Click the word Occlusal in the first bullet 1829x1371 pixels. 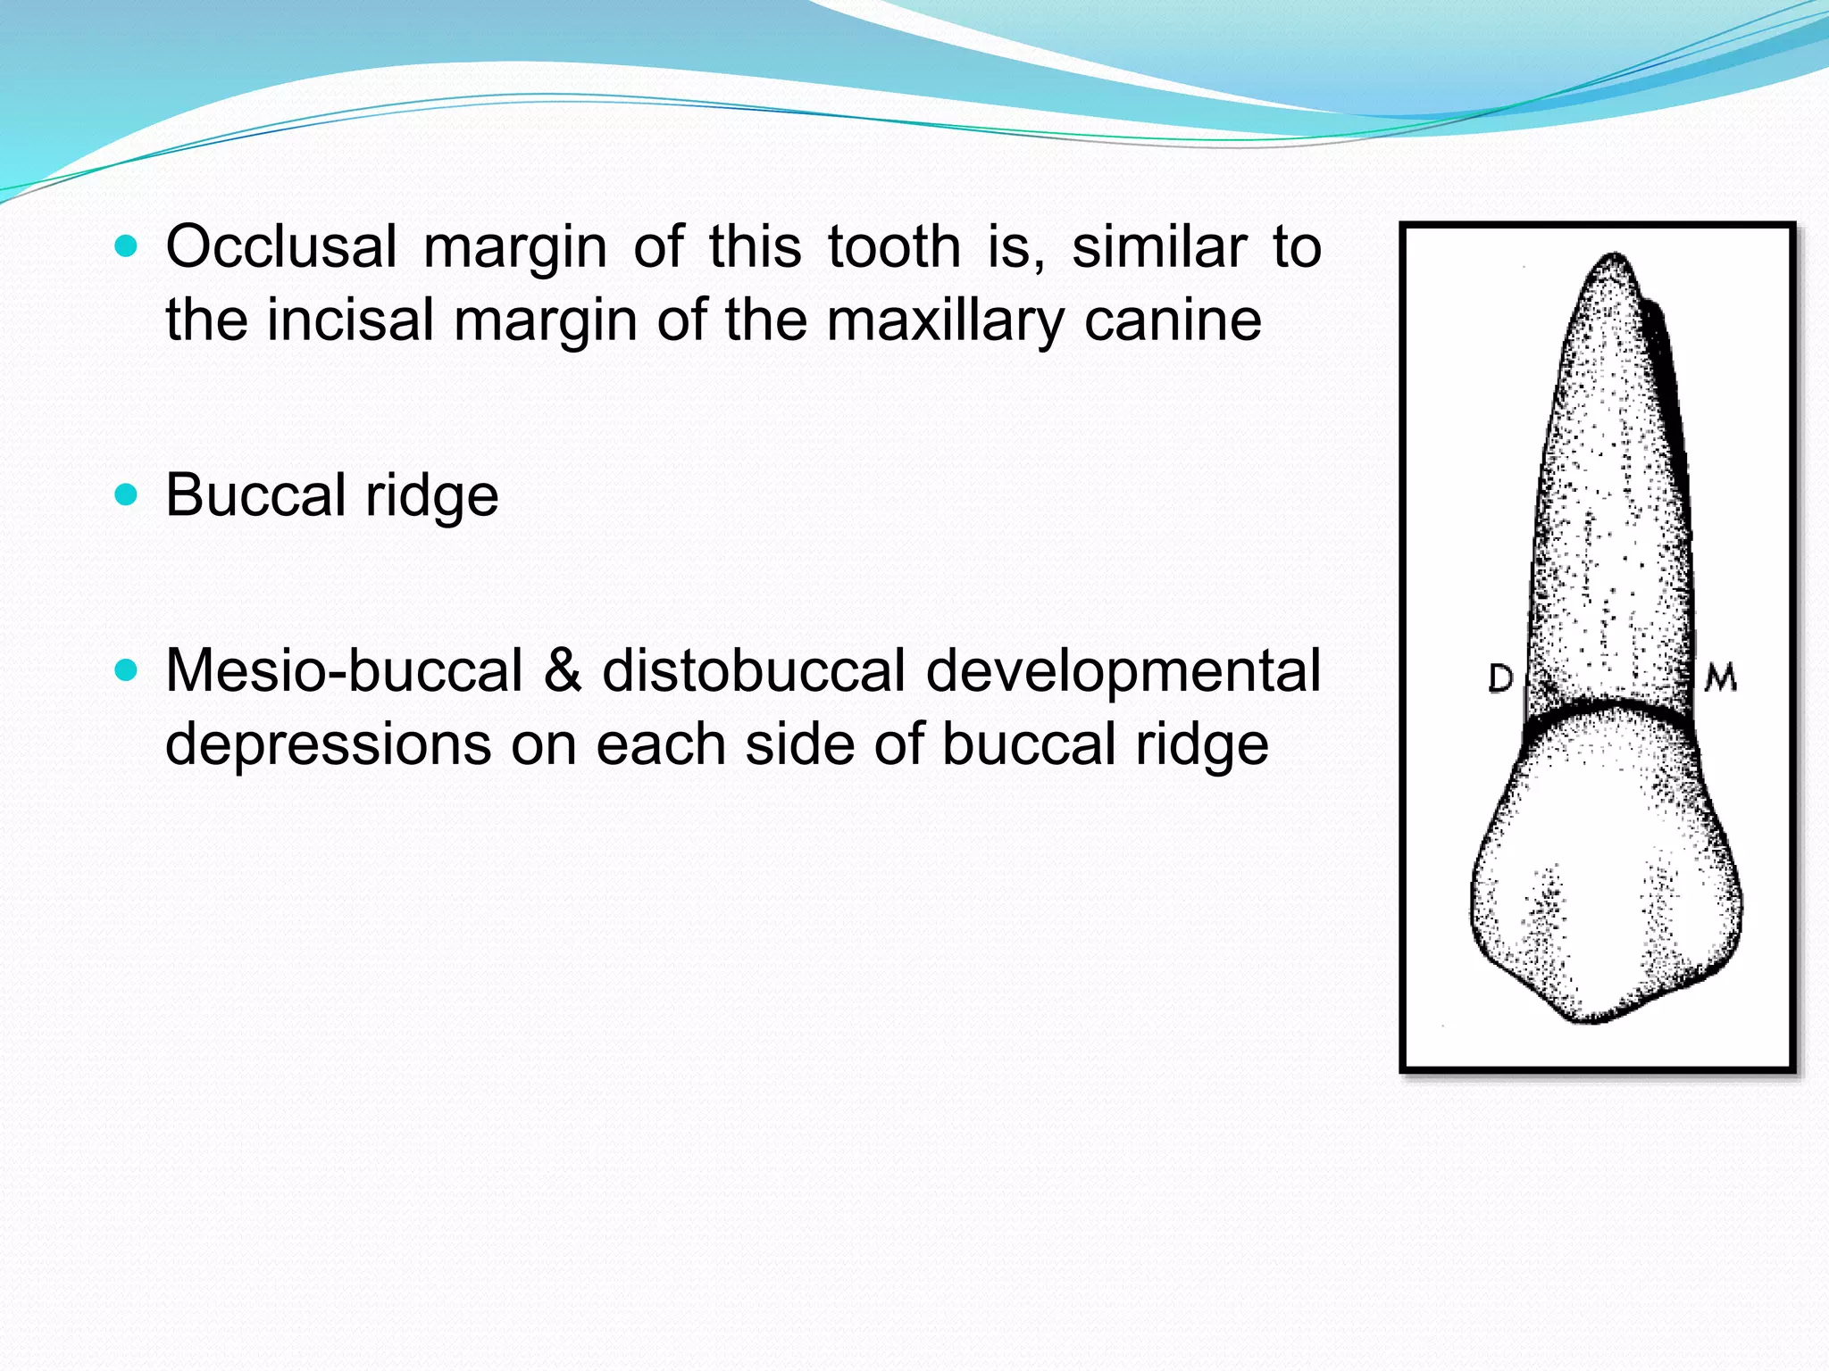click(281, 247)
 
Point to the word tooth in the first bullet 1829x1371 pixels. click(893, 247)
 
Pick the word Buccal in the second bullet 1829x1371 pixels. click(255, 495)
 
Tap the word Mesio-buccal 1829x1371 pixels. click(344, 671)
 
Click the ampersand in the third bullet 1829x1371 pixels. click(563, 671)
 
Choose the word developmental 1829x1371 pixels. click(1123, 671)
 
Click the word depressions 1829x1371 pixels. click(328, 744)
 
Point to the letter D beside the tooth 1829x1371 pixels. click(1500, 679)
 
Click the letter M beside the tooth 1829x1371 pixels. click(1720, 678)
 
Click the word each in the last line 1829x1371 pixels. click(660, 744)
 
